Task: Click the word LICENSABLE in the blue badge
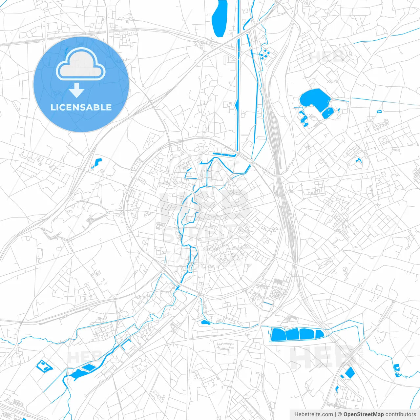click(81, 108)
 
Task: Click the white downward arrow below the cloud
click(77, 90)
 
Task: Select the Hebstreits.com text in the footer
click(314, 414)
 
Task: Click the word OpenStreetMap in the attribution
click(364, 414)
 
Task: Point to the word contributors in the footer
click(401, 414)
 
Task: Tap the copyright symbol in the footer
click(340, 414)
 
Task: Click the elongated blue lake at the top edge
click(220, 18)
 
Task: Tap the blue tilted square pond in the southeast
click(350, 372)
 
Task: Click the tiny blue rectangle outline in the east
click(379, 112)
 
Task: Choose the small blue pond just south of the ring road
click(205, 322)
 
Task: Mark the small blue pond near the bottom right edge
click(397, 367)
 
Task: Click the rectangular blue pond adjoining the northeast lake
click(328, 113)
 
